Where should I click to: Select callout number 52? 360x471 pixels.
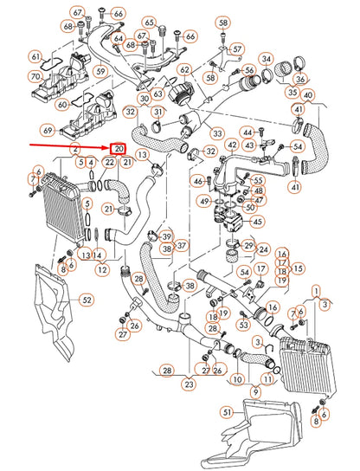click(x=86, y=300)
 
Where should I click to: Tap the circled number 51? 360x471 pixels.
click(x=227, y=412)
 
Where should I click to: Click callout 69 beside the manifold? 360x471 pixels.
click(x=48, y=130)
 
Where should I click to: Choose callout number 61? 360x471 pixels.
click(x=35, y=57)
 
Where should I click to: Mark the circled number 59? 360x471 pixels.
click(x=100, y=73)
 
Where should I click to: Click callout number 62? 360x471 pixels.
click(x=184, y=69)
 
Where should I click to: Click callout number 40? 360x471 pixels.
click(x=308, y=94)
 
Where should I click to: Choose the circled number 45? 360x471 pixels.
click(x=258, y=222)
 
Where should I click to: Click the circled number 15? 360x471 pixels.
click(x=299, y=268)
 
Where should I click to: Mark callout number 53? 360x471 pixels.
click(x=244, y=325)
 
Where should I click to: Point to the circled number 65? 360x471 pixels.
click(x=150, y=22)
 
